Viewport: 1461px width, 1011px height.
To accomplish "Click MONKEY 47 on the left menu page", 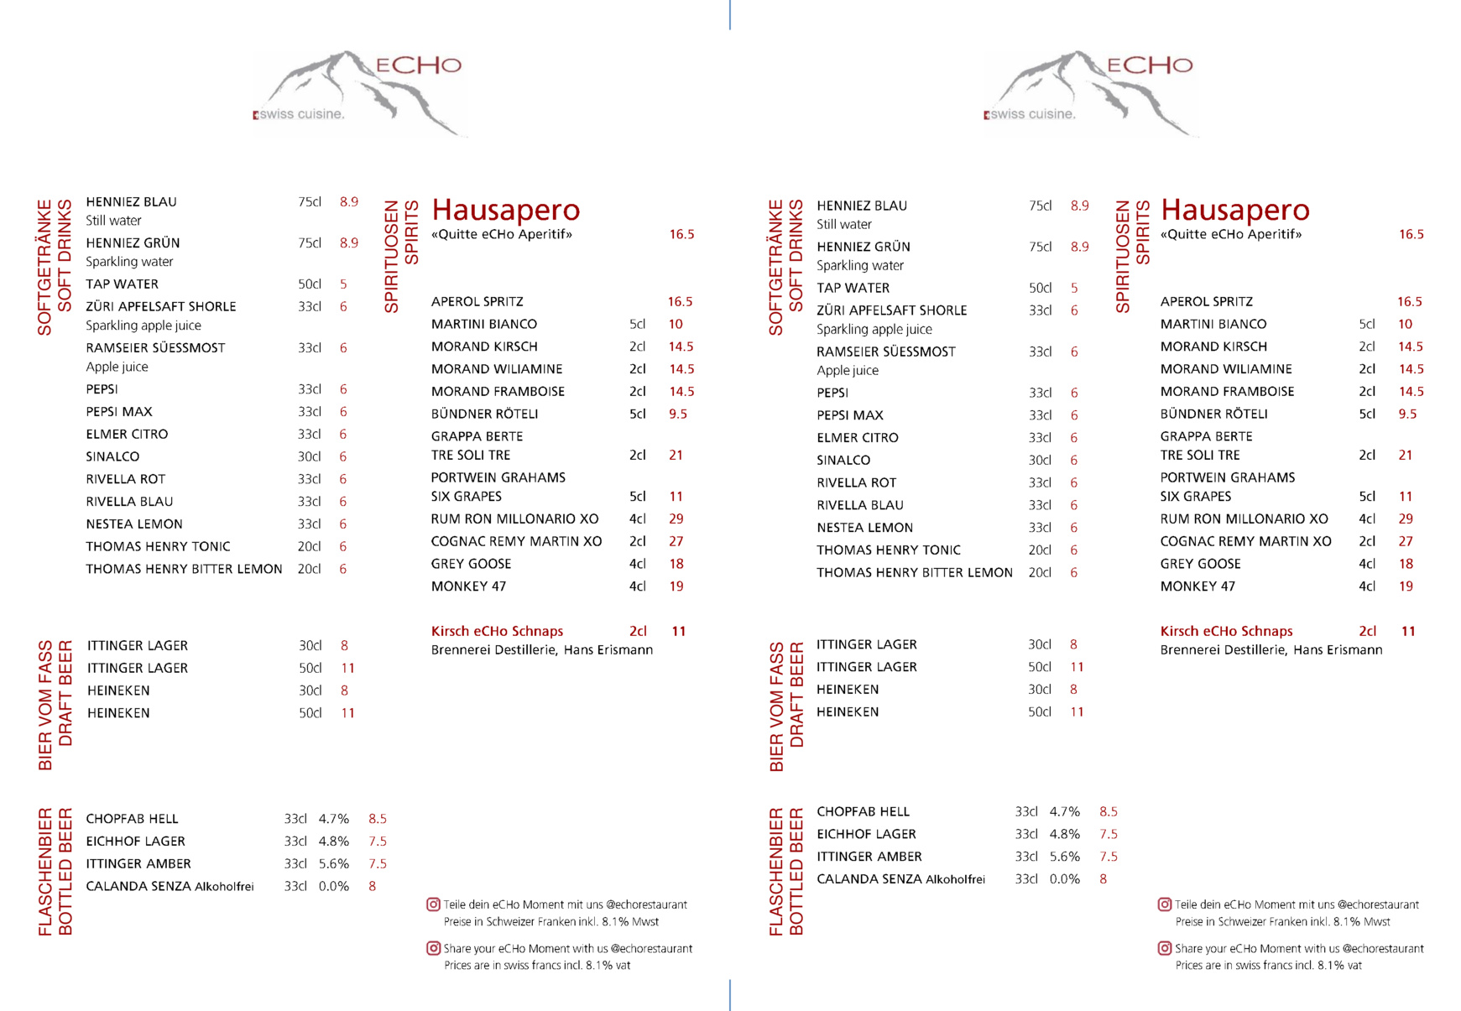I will (468, 586).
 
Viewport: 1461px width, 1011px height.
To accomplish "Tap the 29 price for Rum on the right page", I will (1406, 519).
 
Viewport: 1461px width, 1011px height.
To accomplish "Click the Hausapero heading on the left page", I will (505, 210).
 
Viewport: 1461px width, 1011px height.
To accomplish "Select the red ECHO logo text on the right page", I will (1149, 65).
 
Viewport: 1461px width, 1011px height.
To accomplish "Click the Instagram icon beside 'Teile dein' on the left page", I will (434, 904).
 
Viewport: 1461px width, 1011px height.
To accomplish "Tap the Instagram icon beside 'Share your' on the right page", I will (1165, 948).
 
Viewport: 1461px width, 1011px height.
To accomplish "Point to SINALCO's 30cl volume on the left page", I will (309, 457).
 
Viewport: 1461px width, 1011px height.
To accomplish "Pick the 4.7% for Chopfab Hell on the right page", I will (1064, 812).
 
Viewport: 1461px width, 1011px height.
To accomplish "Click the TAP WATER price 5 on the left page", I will (343, 284).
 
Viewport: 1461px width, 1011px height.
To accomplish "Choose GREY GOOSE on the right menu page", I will (1200, 564).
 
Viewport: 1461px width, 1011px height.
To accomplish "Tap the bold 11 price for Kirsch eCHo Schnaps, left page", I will (679, 631).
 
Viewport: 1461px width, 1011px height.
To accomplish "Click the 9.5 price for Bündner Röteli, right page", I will (1407, 414).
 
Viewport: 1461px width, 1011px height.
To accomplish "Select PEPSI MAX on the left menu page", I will (119, 412).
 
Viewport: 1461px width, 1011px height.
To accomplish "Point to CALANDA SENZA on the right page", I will (869, 879).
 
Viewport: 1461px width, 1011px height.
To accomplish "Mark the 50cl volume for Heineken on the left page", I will (310, 713).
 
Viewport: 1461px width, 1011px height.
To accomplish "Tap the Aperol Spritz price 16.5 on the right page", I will (1409, 302).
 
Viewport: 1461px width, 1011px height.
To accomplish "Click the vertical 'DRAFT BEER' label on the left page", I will (65, 706).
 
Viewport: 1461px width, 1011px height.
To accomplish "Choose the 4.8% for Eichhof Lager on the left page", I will (333, 842).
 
